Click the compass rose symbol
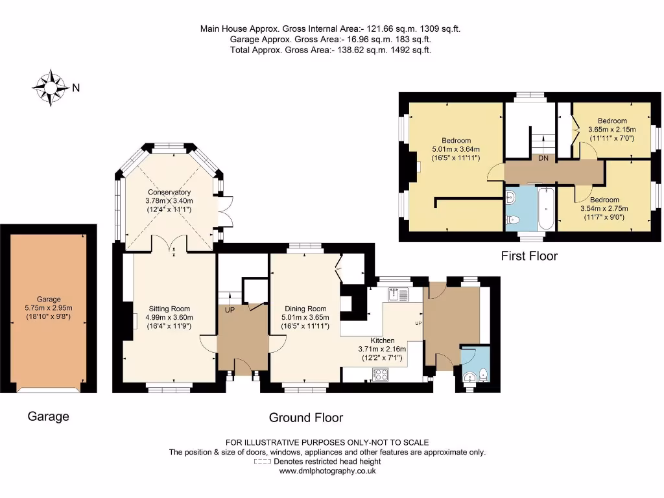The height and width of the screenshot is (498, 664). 51,88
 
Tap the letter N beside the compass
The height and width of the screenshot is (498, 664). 76,88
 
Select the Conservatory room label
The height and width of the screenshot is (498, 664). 169,192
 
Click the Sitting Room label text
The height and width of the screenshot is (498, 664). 169,309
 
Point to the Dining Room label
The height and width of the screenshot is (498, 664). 305,309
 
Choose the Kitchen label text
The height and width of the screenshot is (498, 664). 383,340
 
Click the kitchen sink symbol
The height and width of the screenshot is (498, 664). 397,294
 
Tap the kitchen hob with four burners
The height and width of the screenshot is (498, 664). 380,375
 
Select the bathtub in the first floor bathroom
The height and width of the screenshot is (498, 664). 546,208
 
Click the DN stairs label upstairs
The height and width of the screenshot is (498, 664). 543,158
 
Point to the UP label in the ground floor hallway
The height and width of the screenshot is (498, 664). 230,310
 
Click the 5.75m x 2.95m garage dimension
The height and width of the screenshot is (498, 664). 49,308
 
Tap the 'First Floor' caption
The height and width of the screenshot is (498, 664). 529,255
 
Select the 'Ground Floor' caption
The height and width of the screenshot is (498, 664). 306,418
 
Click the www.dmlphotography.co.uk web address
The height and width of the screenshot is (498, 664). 327,471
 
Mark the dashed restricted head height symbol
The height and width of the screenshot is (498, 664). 262,462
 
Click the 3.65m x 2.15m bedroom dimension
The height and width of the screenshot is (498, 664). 612,130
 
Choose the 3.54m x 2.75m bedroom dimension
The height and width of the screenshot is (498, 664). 604,208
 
